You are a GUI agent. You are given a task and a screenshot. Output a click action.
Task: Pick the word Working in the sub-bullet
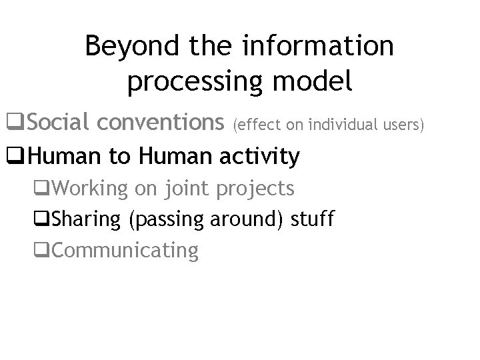pos(89,189)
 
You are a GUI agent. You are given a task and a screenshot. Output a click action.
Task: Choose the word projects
pos(255,189)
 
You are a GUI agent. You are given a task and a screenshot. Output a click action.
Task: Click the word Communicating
pos(125,251)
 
